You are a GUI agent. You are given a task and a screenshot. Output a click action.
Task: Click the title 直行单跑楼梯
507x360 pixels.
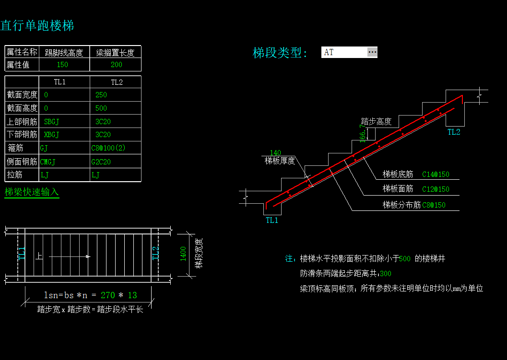(37, 25)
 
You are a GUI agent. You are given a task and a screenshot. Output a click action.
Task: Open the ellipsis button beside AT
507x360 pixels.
(372, 52)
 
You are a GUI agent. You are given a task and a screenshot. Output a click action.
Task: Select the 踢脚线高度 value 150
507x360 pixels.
(62, 65)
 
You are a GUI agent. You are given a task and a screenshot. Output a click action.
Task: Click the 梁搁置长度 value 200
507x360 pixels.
(117, 65)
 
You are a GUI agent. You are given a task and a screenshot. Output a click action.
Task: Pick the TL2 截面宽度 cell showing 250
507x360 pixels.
(101, 95)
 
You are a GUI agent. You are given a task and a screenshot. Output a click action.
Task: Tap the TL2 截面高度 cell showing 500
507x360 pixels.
(101, 108)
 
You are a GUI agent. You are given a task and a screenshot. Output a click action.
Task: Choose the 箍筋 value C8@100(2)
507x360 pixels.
(108, 148)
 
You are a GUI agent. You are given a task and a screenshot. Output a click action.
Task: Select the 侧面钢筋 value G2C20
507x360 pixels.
(101, 162)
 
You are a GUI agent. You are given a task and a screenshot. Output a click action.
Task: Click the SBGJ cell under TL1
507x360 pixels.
(51, 122)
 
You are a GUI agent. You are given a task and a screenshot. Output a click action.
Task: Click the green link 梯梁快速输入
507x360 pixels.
(32, 192)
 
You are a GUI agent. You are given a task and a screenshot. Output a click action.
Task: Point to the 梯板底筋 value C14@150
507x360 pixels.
(436, 174)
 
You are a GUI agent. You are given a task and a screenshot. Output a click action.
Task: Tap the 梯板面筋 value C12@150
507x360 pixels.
(436, 189)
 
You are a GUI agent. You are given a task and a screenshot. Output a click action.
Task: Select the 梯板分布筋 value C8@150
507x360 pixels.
(434, 205)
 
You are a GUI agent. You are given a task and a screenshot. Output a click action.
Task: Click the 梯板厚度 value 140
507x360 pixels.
(275, 152)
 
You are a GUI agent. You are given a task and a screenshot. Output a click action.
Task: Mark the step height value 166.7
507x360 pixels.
(363, 133)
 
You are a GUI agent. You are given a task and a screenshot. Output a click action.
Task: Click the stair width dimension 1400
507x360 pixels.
(183, 254)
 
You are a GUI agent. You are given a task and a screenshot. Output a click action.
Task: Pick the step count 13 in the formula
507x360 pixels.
(132, 295)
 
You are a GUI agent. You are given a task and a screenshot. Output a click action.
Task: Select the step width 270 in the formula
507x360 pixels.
(107, 295)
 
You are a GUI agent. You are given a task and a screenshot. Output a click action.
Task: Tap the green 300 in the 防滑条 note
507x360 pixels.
(386, 274)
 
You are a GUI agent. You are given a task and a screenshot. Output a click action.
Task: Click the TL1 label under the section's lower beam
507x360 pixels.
(272, 221)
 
